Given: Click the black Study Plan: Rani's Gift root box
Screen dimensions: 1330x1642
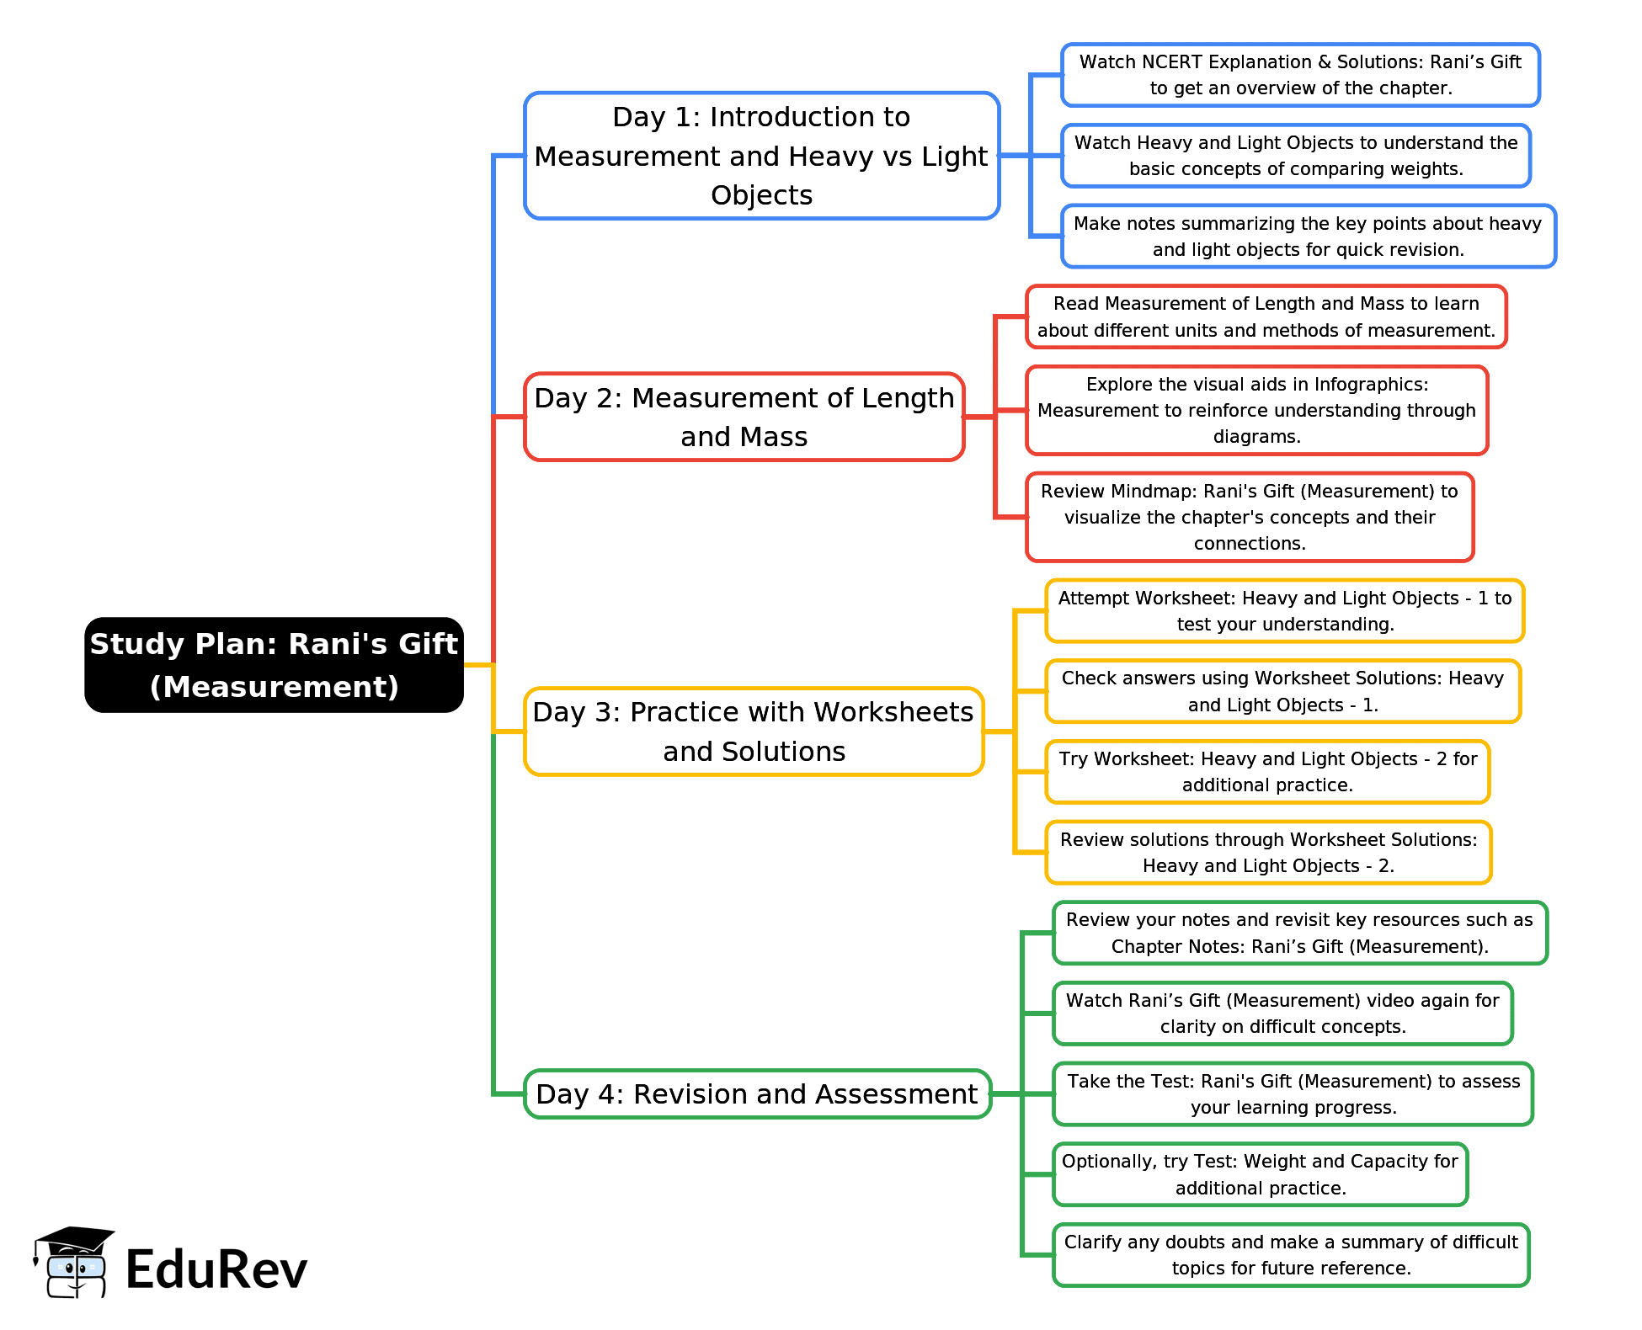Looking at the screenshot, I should [x=274, y=665].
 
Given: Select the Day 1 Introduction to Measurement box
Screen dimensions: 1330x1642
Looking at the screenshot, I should [x=761, y=156].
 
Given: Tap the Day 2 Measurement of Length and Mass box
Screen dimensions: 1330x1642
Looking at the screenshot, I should [x=744, y=417].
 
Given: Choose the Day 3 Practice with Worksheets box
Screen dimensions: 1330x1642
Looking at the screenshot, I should [x=754, y=731].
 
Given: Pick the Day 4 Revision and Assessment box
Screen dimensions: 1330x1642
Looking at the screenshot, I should [x=757, y=1093].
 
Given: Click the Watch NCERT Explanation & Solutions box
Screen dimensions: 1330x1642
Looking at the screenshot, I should [x=1300, y=75].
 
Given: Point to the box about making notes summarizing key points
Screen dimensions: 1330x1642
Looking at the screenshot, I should [x=1308, y=237].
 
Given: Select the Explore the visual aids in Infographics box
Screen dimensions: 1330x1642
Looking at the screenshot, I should [x=1256, y=410].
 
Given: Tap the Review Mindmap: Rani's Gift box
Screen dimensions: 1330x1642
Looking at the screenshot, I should [x=1250, y=517].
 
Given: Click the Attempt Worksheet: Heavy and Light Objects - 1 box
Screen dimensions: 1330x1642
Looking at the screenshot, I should [x=1284, y=610].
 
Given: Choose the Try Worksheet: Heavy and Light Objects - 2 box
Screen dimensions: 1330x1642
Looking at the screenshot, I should [x=1267, y=772].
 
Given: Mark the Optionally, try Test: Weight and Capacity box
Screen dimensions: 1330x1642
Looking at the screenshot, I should [x=1260, y=1174].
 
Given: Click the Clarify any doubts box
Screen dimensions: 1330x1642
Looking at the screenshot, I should [x=1291, y=1255].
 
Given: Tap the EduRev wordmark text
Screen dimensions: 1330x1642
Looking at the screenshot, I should [x=216, y=1269].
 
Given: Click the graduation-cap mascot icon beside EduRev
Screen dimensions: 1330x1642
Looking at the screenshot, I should [x=73, y=1262].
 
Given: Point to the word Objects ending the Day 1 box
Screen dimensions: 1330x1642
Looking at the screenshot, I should [x=761, y=195].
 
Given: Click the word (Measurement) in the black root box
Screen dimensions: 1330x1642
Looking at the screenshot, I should [x=274, y=687].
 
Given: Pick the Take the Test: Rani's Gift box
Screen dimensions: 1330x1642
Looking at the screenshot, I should [x=1293, y=1093].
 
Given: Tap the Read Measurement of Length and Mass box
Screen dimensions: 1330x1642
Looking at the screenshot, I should [x=1266, y=317].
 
